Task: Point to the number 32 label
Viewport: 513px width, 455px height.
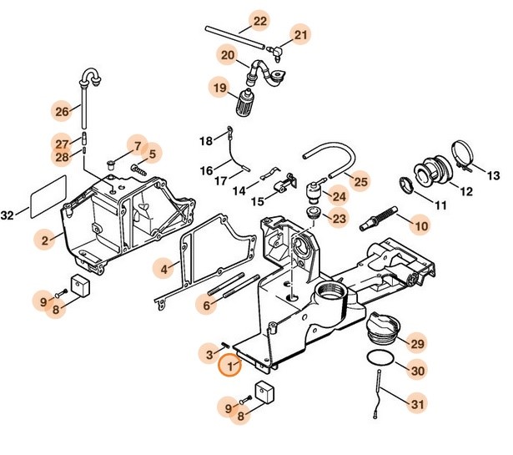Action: pyautogui.click(x=8, y=215)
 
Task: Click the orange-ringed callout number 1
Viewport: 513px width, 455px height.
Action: pyautogui.click(x=228, y=366)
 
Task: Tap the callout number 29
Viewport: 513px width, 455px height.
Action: pyautogui.click(x=417, y=344)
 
